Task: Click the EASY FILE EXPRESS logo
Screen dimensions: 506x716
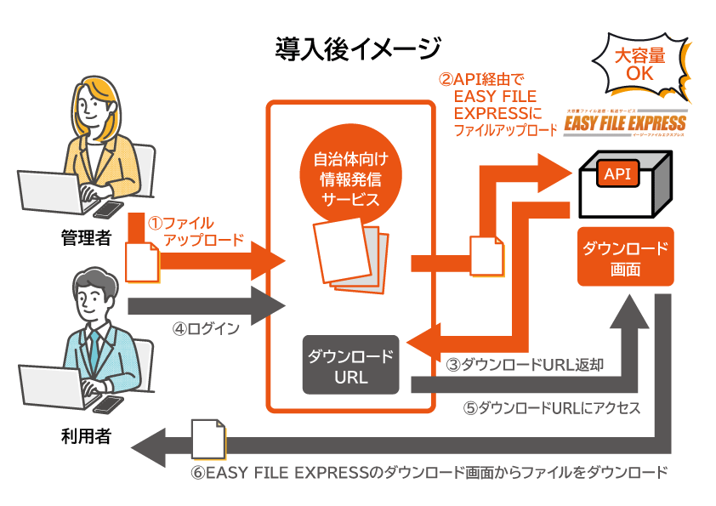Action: point(625,124)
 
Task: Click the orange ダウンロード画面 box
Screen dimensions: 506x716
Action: point(625,257)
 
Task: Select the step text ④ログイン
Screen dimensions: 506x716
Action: point(206,328)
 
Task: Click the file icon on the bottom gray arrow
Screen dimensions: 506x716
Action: point(208,440)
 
